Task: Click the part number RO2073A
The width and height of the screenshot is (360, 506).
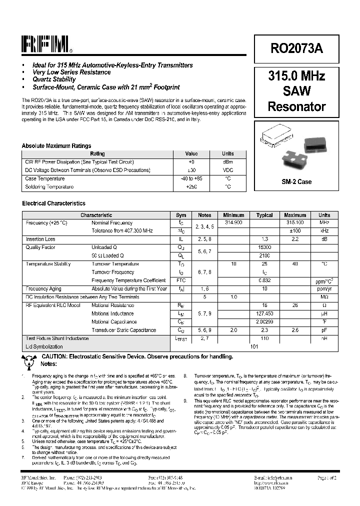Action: (x=296, y=48)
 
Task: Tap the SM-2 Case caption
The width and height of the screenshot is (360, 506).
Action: (x=296, y=181)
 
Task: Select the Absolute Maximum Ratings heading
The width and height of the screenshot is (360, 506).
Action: (x=56, y=146)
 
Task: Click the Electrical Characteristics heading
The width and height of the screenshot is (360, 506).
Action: (x=53, y=203)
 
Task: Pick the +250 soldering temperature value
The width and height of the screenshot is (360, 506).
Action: (x=191, y=186)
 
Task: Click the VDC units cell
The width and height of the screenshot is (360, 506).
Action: (x=227, y=170)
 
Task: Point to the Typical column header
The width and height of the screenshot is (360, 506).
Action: (x=264, y=215)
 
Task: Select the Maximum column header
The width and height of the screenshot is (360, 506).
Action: (x=294, y=215)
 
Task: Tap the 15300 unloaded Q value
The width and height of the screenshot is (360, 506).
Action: (x=264, y=247)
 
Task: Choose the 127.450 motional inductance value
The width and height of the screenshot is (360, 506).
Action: (x=264, y=313)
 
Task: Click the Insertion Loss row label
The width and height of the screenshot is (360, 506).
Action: (x=40, y=239)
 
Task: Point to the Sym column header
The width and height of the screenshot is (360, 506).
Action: (x=181, y=215)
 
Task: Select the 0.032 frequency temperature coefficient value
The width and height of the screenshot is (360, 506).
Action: (x=264, y=280)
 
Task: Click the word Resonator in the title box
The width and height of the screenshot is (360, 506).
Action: (x=296, y=106)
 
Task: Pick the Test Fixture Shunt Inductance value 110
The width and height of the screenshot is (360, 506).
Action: (x=264, y=338)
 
